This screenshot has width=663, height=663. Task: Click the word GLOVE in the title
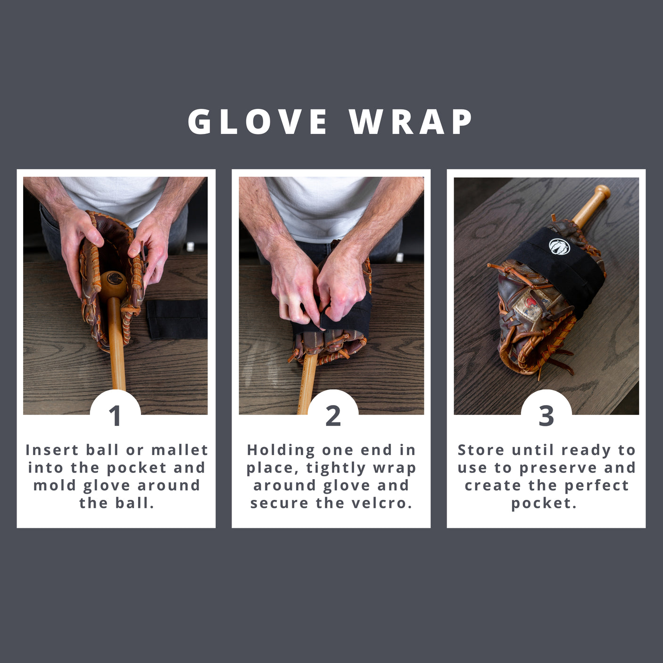[x=257, y=122]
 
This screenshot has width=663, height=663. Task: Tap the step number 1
[x=115, y=416]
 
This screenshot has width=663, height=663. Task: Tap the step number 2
[x=333, y=416]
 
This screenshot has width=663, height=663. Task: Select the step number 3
[x=546, y=416]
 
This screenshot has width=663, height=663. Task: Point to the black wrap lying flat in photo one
[x=177, y=319]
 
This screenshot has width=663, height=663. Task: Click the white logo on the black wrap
[x=559, y=246]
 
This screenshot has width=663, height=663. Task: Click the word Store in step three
[x=481, y=450]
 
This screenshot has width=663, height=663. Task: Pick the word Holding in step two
[x=281, y=450]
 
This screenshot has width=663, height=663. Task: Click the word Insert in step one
[x=52, y=450]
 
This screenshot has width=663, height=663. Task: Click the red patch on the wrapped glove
[x=532, y=301]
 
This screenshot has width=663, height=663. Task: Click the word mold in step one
[x=53, y=485]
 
